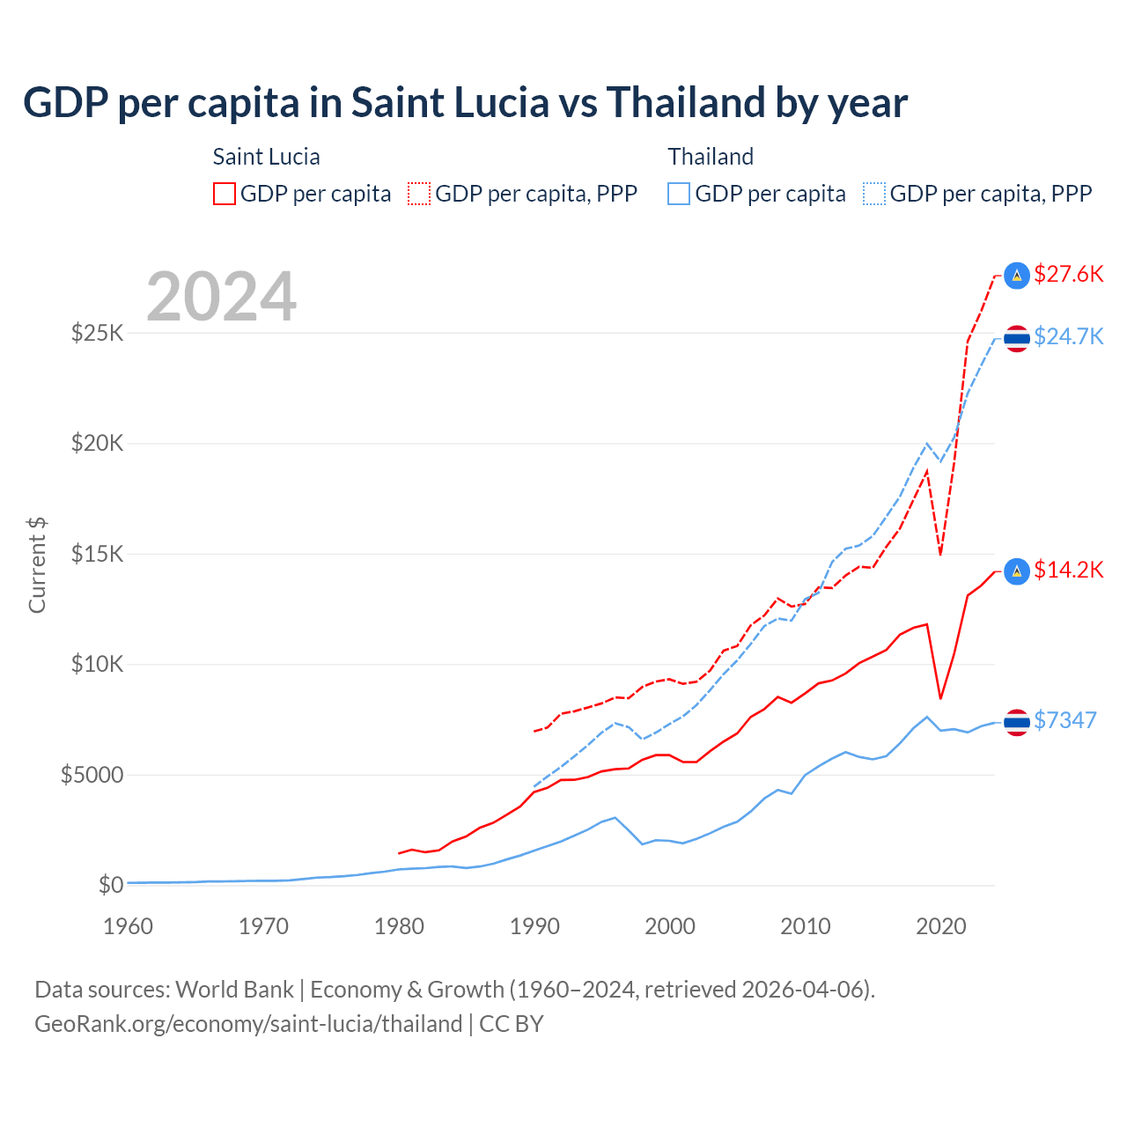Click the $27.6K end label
pos(1068,274)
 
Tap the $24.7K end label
pos(1068,336)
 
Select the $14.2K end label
pos(1068,570)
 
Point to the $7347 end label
pos(1064,720)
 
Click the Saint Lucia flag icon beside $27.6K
pos(1017,276)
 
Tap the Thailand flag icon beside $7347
pos(1017,722)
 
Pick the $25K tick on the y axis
pos(98,333)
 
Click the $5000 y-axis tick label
pos(92,775)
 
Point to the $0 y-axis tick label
pos(110,885)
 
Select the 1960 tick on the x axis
pos(129,926)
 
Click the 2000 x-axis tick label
pos(670,926)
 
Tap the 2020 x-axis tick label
pos(941,926)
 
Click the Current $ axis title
pos(37,565)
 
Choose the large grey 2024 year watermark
pos(221,297)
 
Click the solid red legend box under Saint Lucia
pos(225,194)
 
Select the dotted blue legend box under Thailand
pos(874,194)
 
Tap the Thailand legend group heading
pos(711,157)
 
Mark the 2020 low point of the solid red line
pos(941,698)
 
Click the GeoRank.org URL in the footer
pos(248,1024)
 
